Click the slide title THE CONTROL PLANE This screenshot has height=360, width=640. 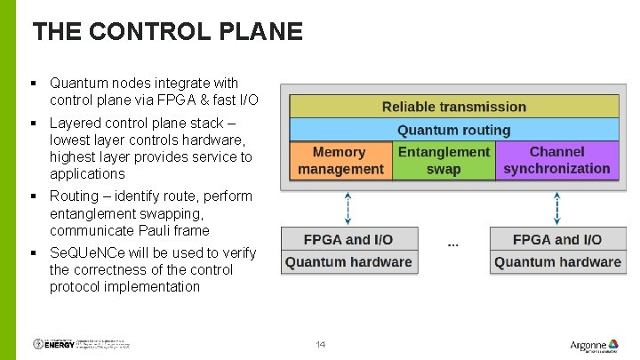(x=167, y=33)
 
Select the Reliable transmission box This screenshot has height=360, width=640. (x=453, y=107)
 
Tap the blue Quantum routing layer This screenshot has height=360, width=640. (x=453, y=130)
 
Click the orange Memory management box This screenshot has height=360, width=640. (x=340, y=161)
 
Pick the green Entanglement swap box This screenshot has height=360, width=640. (x=443, y=161)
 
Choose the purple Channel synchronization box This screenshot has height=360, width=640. (x=556, y=161)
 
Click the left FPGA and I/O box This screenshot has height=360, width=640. (x=348, y=239)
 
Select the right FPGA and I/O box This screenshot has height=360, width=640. (x=556, y=239)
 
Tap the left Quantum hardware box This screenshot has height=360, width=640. (x=348, y=262)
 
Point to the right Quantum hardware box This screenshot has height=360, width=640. (x=556, y=262)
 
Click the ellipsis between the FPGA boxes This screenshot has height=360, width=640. (x=452, y=243)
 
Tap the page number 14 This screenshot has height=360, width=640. (x=321, y=345)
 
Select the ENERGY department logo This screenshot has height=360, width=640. (x=52, y=344)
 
